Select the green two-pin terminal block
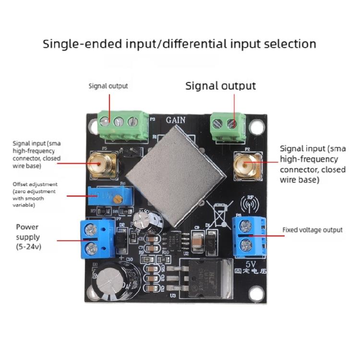click(227, 126)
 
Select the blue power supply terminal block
click(90, 238)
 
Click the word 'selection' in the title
click(288, 44)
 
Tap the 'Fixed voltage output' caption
click(312, 230)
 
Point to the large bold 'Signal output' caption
click(220, 86)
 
